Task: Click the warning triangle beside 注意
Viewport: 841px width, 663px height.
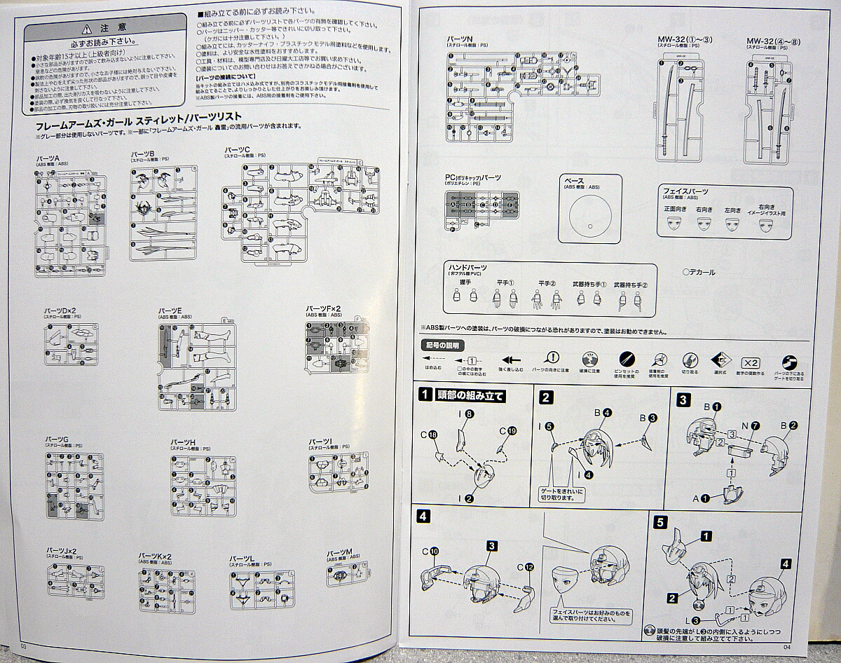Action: point(86,29)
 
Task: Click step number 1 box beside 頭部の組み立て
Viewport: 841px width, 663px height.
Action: point(424,396)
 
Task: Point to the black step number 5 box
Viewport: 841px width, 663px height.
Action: point(659,521)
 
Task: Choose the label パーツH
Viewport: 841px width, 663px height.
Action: point(183,442)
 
